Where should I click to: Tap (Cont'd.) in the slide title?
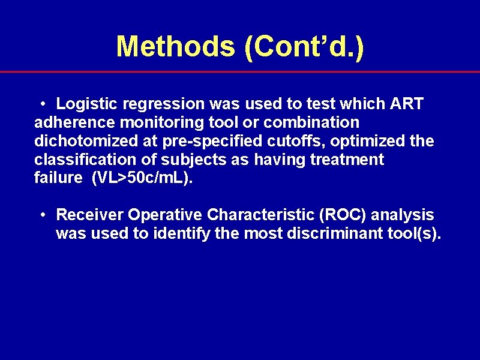[x=304, y=47]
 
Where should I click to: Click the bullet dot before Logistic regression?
[x=44, y=104]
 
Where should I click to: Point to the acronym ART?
[x=407, y=104]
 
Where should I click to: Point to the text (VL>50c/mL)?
[x=143, y=179]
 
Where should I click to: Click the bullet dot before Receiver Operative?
[x=44, y=215]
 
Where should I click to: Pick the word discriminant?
[x=337, y=233]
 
